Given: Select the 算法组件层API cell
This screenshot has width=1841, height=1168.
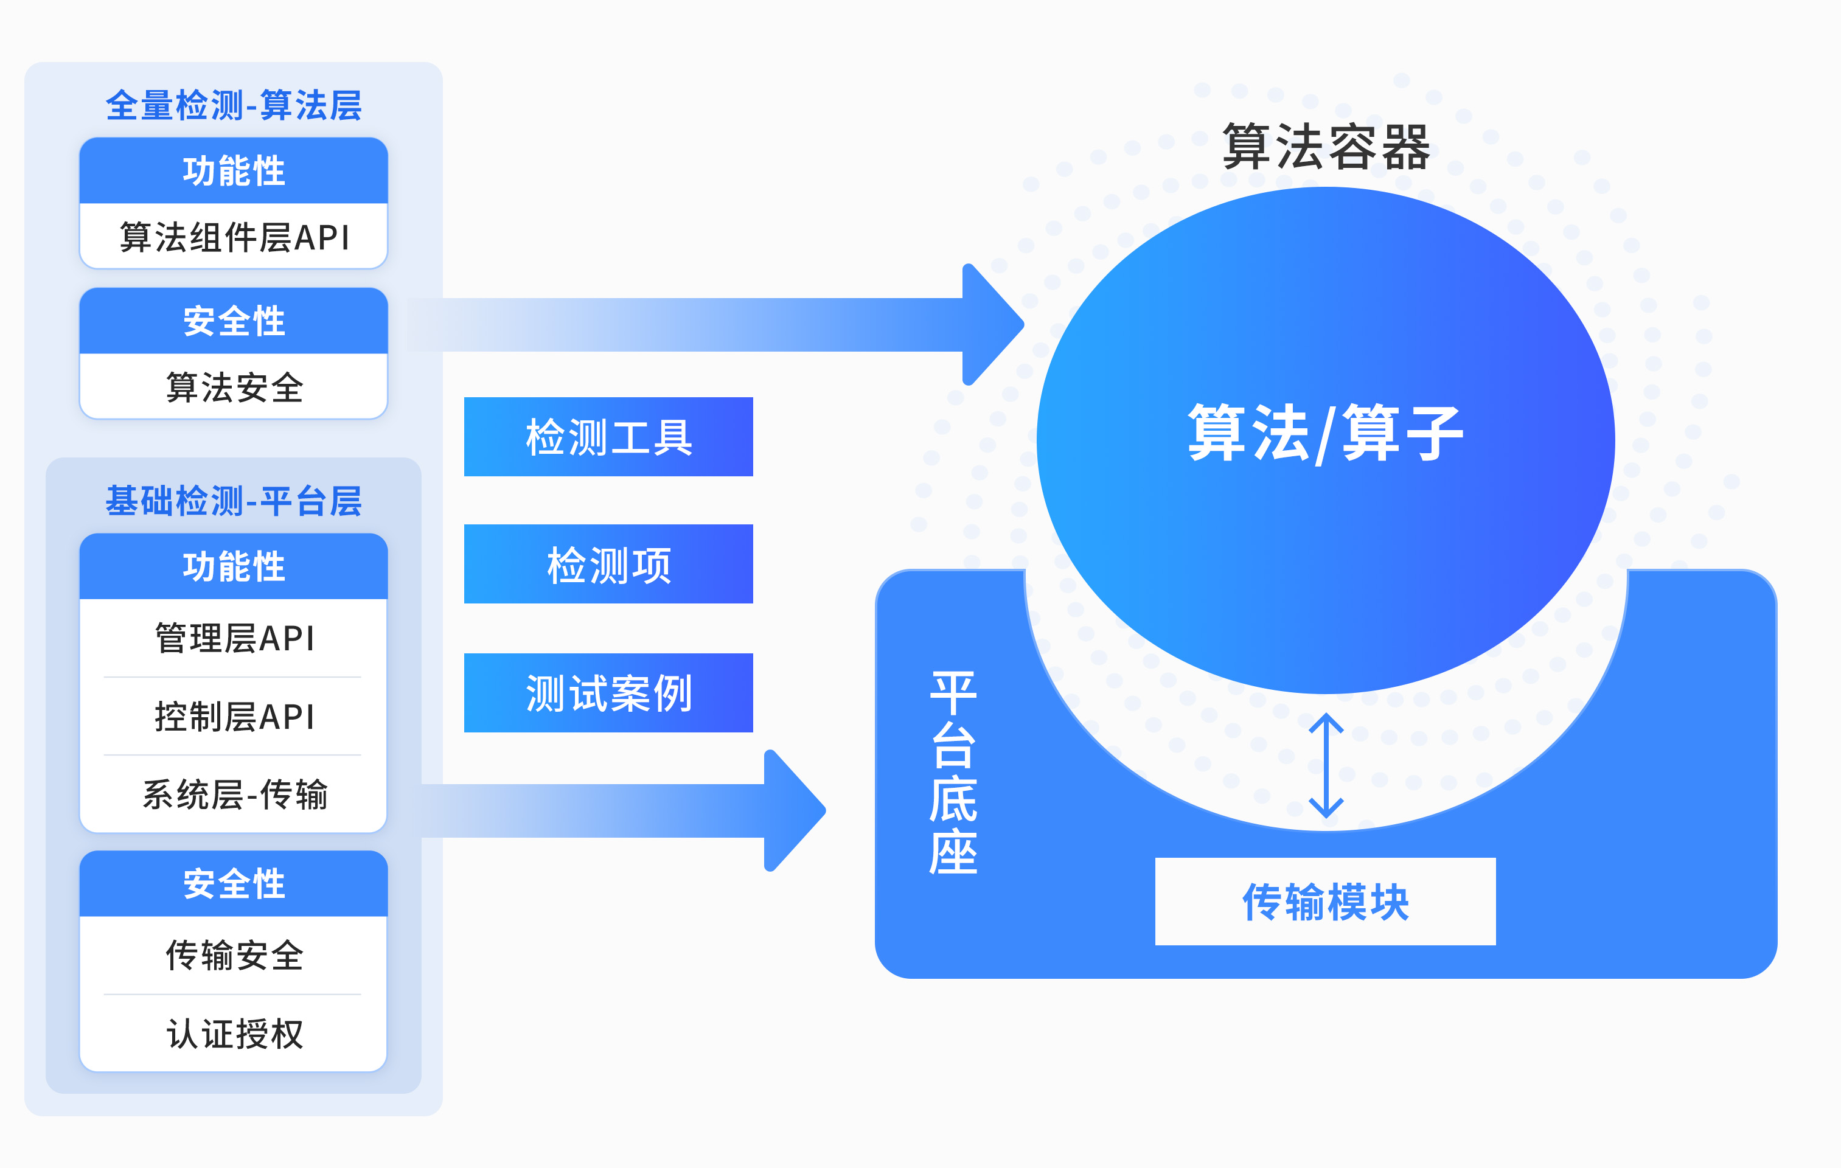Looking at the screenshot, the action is click(x=234, y=236).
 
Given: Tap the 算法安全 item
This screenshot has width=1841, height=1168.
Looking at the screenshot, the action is click(x=234, y=387).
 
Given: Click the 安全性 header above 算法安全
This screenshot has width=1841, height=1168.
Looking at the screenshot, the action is click(x=234, y=321).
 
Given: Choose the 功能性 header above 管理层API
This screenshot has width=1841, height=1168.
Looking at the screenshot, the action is click(x=234, y=566).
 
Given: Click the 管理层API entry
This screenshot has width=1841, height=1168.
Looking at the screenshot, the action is click(x=234, y=638).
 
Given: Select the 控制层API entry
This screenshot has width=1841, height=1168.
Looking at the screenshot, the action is click(x=234, y=716).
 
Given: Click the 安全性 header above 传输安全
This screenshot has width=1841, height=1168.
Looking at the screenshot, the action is click(x=234, y=884).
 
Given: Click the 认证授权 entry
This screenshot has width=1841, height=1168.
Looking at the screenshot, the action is click(x=234, y=1034).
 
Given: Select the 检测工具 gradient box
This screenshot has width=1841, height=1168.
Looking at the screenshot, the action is click(x=608, y=436).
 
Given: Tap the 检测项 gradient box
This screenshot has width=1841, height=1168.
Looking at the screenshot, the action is click(x=608, y=564).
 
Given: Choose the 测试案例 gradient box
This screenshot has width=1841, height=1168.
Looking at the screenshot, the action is click(x=608, y=692).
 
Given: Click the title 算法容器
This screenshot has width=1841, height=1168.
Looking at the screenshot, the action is click(x=1326, y=147).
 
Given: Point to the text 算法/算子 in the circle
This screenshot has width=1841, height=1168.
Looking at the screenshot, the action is click(x=1326, y=433).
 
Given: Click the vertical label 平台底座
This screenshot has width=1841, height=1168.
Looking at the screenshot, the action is click(x=953, y=773).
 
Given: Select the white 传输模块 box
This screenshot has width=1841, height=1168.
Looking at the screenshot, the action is click(x=1326, y=901).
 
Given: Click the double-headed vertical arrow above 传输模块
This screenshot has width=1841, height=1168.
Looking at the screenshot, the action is click(x=1326, y=766).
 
